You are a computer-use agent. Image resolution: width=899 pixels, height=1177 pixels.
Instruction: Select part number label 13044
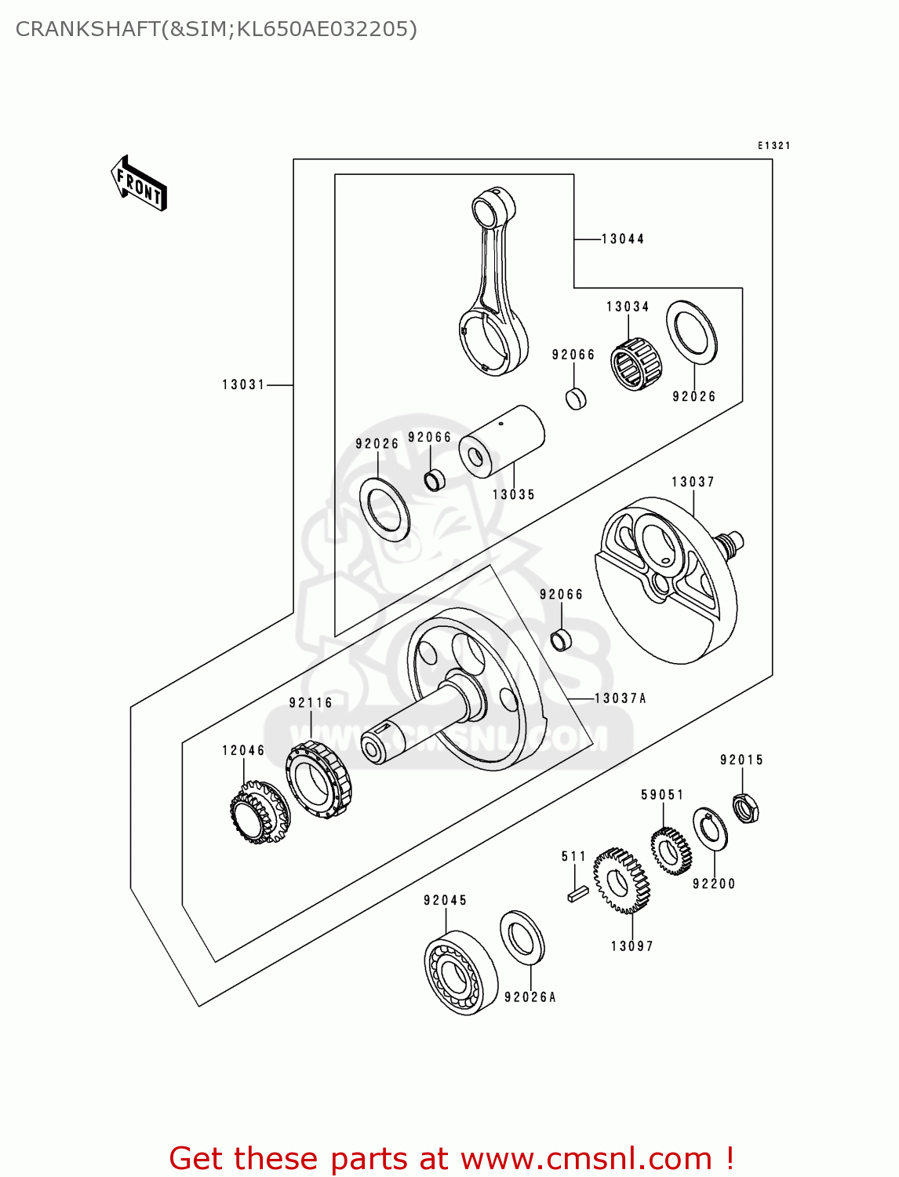(x=623, y=239)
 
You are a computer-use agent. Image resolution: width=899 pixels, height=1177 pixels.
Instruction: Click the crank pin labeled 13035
(x=502, y=441)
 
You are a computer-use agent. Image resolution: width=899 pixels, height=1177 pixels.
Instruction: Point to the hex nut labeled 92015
(x=746, y=808)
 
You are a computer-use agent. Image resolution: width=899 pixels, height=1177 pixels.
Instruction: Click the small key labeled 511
(x=577, y=893)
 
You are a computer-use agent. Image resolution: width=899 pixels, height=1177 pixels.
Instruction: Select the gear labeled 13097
(x=621, y=881)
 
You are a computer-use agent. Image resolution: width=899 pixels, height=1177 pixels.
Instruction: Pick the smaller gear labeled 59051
(x=671, y=851)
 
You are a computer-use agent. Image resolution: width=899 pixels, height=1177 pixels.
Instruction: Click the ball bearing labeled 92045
(x=460, y=973)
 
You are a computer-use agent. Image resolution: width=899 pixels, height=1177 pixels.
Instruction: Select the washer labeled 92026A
(x=522, y=937)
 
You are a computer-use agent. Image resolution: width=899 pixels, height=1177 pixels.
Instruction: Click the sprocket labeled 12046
(x=260, y=813)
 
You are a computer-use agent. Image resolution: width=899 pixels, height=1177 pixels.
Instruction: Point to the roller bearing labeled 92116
(x=318, y=781)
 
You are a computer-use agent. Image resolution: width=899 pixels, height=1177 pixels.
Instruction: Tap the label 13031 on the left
(x=243, y=384)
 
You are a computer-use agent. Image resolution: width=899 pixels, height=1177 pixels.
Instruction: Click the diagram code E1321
(x=773, y=145)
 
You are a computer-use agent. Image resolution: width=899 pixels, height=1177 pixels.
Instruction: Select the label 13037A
(x=621, y=698)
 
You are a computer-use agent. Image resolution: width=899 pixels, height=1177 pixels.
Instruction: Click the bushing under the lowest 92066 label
(x=562, y=640)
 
